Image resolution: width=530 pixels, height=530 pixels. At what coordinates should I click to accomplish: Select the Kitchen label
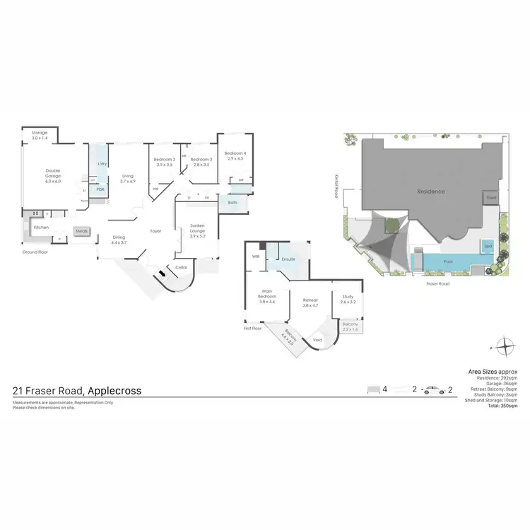(41, 228)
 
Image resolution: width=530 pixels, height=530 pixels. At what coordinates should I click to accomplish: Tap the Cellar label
(181, 267)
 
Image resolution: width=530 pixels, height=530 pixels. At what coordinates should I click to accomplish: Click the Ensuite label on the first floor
(288, 259)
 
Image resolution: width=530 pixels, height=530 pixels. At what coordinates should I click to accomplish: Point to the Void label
(317, 340)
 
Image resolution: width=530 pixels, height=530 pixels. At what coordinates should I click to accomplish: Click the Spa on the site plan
(488, 246)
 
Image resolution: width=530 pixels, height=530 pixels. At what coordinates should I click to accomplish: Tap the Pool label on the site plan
(448, 261)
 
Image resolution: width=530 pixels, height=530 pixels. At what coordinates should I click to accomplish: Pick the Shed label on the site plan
(491, 199)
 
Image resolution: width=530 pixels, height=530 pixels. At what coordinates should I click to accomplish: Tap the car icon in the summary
(432, 389)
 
